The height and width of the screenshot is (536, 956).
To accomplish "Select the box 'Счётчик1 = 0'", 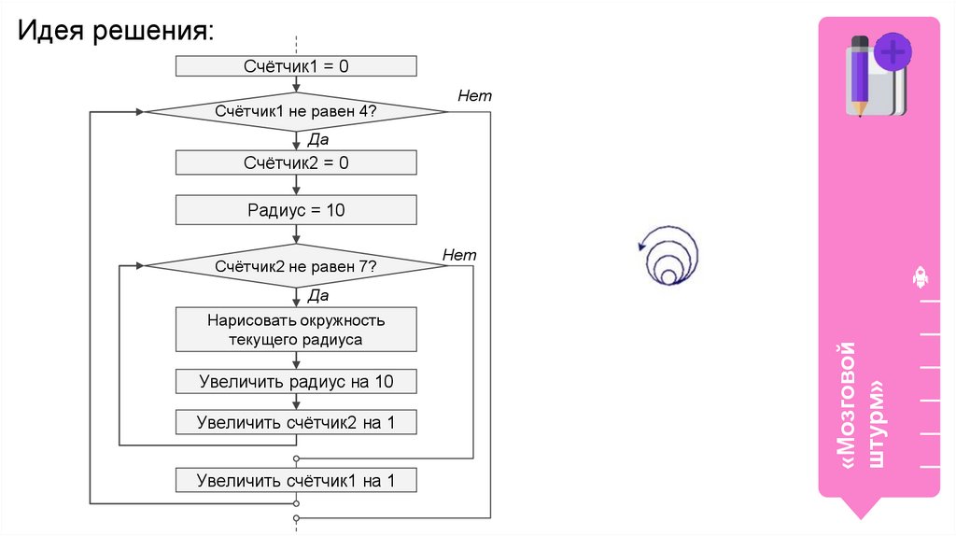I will pyautogui.click(x=296, y=66).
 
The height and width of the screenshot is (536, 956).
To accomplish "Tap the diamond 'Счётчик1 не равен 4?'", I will pyautogui.click(x=296, y=112).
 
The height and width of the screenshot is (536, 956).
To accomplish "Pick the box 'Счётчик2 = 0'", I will pyautogui.click(x=296, y=162).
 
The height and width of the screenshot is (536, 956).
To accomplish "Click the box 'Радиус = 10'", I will pyautogui.click(x=296, y=210).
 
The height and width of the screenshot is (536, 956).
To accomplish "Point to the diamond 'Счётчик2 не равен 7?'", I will pyautogui.click(x=296, y=267).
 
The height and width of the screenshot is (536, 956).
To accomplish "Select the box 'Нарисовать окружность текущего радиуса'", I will pyautogui.click(x=296, y=331).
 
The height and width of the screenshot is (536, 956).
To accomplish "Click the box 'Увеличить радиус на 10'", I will pyautogui.click(x=296, y=382).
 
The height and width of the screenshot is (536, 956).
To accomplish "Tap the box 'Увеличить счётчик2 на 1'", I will pyautogui.click(x=296, y=423).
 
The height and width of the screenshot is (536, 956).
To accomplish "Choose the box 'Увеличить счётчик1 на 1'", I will pyautogui.click(x=296, y=481).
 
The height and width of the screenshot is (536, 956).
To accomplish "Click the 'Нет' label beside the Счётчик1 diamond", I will pyautogui.click(x=474, y=96).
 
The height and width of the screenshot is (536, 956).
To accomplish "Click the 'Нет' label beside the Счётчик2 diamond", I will pyautogui.click(x=459, y=255).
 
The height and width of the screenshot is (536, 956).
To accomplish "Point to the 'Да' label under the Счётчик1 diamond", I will pyautogui.click(x=317, y=139).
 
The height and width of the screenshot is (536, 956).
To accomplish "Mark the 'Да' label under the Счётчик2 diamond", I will pyautogui.click(x=317, y=295).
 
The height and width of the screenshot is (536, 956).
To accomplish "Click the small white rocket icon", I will pyautogui.click(x=919, y=277).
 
